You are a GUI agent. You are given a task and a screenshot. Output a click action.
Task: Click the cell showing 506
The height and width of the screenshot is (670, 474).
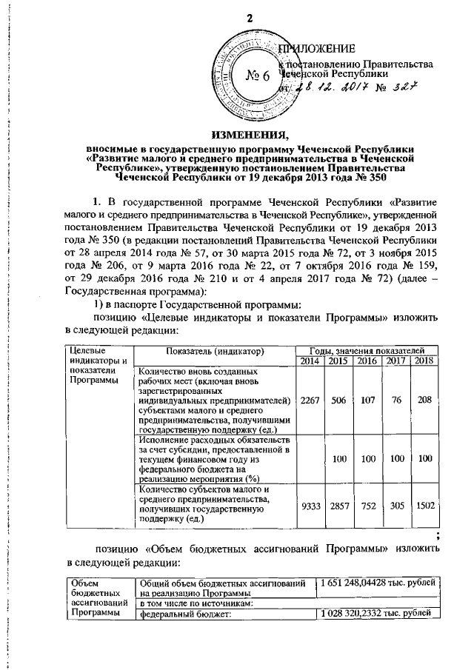pos(339,399)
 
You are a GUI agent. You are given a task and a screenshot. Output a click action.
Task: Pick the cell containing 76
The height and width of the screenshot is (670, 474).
pos(395,399)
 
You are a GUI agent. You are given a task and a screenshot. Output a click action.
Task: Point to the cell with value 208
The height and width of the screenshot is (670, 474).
pos(424,399)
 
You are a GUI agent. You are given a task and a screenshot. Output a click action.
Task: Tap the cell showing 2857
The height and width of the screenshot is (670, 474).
pos(339,503)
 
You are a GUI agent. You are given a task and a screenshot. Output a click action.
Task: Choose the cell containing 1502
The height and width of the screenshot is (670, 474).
pos(424,503)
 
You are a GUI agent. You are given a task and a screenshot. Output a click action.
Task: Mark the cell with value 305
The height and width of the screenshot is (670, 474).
pos(395,503)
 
